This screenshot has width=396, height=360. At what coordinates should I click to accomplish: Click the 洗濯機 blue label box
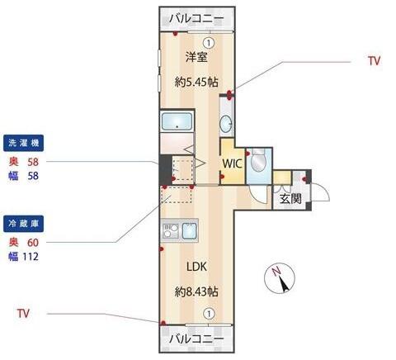(x=23, y=143)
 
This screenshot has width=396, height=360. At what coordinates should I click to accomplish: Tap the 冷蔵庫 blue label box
(x=23, y=224)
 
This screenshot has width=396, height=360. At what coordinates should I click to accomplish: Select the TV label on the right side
(x=375, y=61)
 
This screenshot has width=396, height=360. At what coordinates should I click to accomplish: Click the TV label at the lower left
(x=23, y=314)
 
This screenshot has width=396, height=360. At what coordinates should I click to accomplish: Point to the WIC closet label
(x=233, y=163)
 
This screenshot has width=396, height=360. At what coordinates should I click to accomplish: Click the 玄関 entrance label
(x=290, y=198)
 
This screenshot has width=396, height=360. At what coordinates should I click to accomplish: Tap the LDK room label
(x=196, y=267)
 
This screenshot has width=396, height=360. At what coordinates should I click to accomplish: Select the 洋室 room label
(x=196, y=57)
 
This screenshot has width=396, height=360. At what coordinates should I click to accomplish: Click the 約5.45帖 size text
(x=196, y=82)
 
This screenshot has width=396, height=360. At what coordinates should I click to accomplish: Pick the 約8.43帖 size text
(x=196, y=291)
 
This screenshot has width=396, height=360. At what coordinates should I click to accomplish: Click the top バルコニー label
(x=196, y=19)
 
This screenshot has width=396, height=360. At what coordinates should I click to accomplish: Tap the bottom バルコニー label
(x=196, y=339)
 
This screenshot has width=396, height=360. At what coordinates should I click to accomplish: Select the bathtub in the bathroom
(x=177, y=121)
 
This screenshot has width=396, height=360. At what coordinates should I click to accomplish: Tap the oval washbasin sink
(x=226, y=124)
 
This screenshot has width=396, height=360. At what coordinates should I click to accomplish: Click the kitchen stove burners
(x=171, y=230)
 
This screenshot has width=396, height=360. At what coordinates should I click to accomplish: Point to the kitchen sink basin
(x=190, y=230)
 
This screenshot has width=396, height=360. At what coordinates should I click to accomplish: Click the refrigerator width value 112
(x=31, y=257)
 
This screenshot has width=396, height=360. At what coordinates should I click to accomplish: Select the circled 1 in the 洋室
(x=209, y=43)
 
